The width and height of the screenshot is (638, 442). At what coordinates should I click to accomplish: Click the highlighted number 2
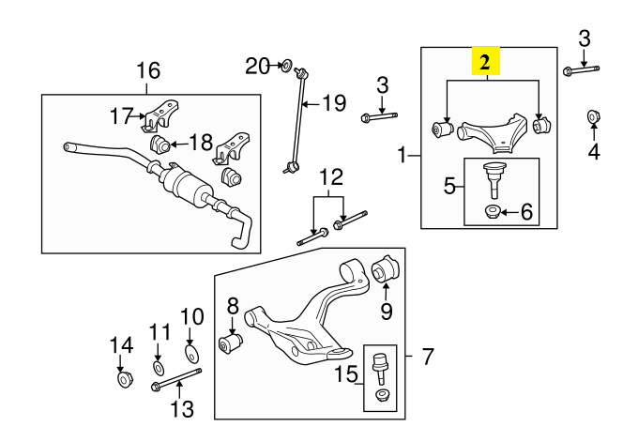coord(486,63)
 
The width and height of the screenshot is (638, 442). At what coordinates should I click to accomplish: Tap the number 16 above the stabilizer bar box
coord(148,70)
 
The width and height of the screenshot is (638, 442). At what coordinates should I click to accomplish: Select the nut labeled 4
coord(592,116)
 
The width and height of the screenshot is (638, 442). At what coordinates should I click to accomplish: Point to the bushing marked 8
coord(229,343)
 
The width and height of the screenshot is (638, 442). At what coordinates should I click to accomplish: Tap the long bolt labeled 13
coord(175,382)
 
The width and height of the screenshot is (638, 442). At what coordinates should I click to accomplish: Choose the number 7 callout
coord(427,358)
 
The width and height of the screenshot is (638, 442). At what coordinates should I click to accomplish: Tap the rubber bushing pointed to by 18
coord(159,144)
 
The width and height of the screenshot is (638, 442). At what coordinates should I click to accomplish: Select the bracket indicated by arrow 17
coord(157,115)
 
